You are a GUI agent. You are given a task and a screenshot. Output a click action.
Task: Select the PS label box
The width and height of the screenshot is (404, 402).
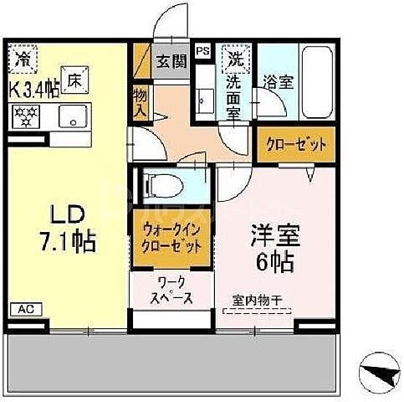[202, 50]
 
